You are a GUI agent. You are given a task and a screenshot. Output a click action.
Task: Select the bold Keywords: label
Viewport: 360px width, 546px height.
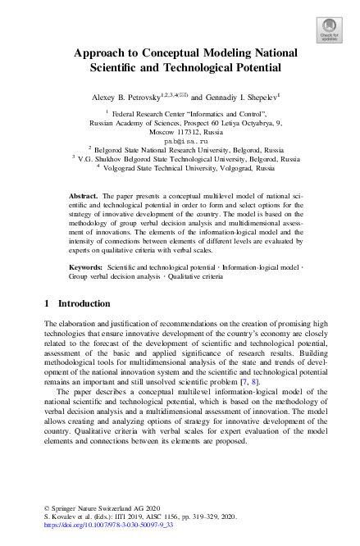(86, 268)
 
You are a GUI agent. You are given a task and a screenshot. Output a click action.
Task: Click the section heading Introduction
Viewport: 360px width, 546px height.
(84, 304)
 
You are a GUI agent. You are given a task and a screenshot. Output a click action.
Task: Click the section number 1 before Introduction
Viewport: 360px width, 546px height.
(46, 304)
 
